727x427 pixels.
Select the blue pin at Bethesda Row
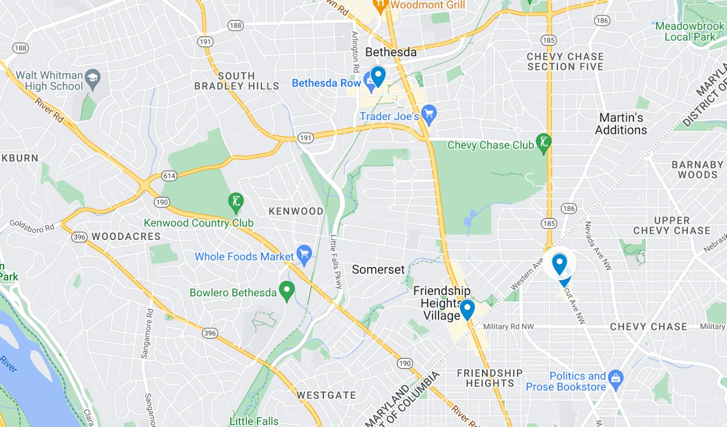[378, 75]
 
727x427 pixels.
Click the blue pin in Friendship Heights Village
[467, 309]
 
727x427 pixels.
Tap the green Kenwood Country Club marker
[236, 202]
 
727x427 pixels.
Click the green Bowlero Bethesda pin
[286, 291]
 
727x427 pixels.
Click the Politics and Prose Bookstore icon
[616, 377]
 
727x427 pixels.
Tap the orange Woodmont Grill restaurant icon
[380, 5]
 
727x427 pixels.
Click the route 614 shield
[169, 176]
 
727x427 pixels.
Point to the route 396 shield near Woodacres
[79, 237]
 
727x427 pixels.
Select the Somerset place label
[378, 269]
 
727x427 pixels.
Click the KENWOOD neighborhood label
[296, 211]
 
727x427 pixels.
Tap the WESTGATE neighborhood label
[326, 395]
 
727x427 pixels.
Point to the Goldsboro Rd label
[32, 226]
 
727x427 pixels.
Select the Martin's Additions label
[621, 124]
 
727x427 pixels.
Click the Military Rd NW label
[508, 327]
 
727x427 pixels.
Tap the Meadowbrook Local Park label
[689, 31]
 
